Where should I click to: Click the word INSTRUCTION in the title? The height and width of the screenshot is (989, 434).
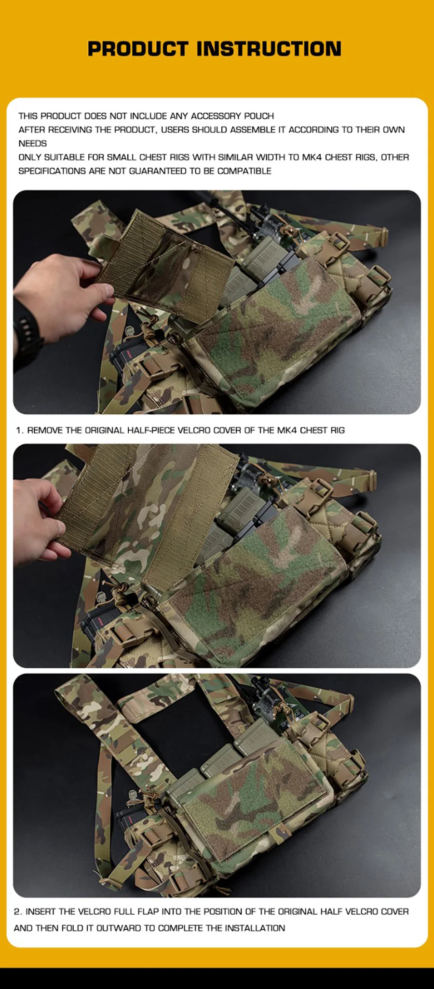coord(269,49)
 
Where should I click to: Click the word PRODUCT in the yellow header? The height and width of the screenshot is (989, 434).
coord(138,49)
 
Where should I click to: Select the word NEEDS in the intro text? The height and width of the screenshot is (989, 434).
coord(33,143)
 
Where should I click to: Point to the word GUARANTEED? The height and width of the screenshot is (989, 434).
coord(158,171)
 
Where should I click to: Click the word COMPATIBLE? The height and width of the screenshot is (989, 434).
coord(244,171)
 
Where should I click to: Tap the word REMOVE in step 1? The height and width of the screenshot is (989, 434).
coord(45,430)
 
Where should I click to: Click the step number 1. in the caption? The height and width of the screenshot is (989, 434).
coord(20,430)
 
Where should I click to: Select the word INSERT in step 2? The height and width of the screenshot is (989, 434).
coord(41,911)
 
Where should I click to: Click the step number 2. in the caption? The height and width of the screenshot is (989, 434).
coord(18,911)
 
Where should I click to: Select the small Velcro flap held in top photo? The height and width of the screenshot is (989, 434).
coord(164,265)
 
